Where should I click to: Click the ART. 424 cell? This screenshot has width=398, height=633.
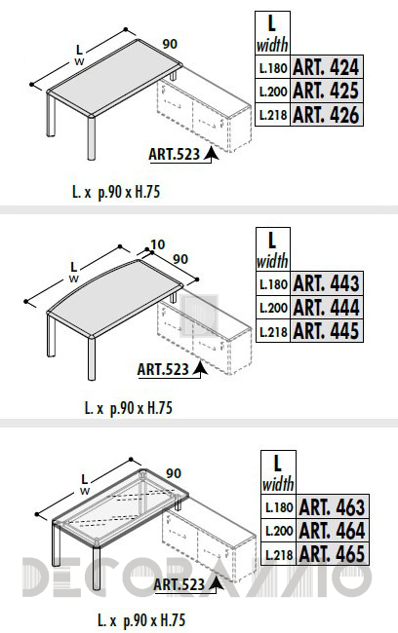point(327,67)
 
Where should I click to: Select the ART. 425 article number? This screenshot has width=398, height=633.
point(327,91)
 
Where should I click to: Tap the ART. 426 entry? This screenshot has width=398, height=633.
point(327,114)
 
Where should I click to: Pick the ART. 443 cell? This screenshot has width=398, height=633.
point(327,283)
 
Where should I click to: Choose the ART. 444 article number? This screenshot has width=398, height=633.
point(327,307)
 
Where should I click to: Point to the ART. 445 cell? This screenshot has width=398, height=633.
point(327,331)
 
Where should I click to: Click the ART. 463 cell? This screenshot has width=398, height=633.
point(332,506)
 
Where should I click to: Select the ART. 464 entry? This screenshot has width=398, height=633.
point(332,530)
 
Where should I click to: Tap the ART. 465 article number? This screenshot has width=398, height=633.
point(332,553)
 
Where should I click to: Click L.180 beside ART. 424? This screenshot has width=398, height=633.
point(273,68)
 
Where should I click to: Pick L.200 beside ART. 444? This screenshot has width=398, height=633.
point(273,308)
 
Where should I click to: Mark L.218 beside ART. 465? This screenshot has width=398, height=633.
point(279,554)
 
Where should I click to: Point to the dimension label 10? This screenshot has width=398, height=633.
point(158,244)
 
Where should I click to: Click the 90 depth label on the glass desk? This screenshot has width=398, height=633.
point(174,473)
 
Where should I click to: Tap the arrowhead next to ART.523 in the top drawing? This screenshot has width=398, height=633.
point(211,154)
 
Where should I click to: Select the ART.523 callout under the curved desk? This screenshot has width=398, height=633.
point(163,369)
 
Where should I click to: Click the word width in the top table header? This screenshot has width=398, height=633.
point(272,45)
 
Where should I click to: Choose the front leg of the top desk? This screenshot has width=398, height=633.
point(91,138)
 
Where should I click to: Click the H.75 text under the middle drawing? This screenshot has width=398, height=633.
point(160,408)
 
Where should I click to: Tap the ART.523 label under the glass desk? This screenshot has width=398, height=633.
point(179,584)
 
